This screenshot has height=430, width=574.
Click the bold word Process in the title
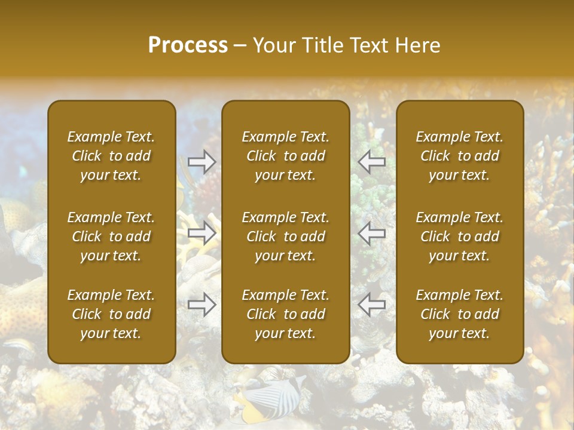[188, 45]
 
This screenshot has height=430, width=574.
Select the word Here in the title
[417, 45]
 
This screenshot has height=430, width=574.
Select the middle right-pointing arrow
[202, 233]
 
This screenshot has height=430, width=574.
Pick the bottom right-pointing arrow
[202, 305]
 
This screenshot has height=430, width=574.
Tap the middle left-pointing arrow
[371, 233]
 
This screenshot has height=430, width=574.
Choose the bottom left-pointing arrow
[371, 305]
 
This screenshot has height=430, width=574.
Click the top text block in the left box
[111, 156]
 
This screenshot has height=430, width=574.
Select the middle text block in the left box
[111, 236]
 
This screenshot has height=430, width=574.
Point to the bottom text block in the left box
[111, 314]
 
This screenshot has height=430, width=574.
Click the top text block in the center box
[285, 156]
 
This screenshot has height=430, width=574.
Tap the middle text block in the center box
[285, 236]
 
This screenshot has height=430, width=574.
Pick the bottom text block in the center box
[285, 314]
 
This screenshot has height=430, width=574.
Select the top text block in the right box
[459, 156]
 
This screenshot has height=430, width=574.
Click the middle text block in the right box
[459, 236]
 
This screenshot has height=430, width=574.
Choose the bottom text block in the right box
[459, 314]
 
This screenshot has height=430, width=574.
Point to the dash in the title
[240, 47]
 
